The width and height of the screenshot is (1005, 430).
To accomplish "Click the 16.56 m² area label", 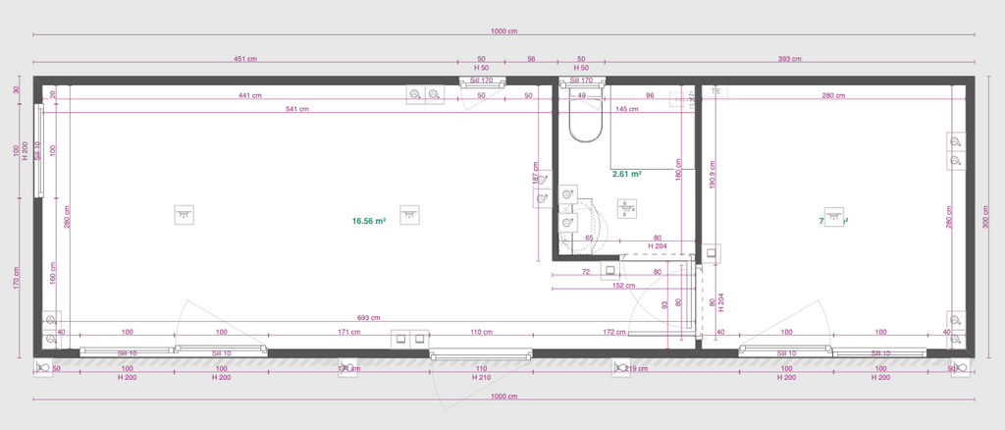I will coord(368,222).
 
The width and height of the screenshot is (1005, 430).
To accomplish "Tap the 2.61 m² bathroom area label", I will coord(626,174).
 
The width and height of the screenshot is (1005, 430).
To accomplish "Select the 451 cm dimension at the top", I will coord(245,59).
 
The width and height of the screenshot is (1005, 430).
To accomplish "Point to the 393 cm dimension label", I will coord(790,59).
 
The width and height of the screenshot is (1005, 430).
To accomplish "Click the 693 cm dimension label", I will coord(368,318).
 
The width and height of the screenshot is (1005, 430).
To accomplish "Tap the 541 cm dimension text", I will coord(296,109).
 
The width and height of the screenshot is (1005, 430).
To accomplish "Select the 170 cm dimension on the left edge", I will coord(17,276).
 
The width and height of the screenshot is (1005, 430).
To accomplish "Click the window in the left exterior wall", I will coord(39,152).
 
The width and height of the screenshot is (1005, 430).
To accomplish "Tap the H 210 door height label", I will coord(481,377).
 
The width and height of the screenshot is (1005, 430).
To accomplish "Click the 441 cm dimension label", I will coord(249,96).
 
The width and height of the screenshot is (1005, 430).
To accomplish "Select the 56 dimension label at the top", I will coord(531,59).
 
